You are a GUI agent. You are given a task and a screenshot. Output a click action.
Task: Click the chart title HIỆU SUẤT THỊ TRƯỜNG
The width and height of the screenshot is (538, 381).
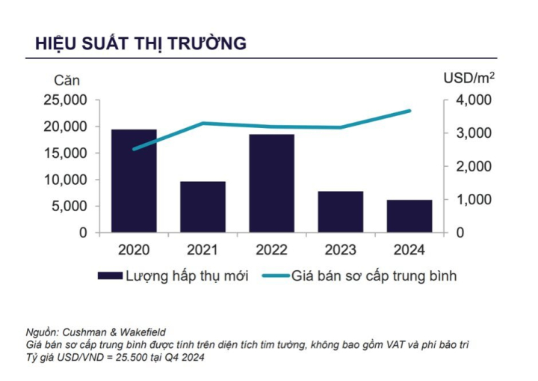click(140, 43)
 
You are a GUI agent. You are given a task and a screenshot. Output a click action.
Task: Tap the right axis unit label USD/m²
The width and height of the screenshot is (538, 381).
click(469, 78)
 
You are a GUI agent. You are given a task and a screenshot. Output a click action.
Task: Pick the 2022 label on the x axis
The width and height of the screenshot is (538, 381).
click(271, 249)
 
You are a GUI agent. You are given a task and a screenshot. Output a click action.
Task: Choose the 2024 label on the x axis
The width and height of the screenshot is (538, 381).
click(409, 249)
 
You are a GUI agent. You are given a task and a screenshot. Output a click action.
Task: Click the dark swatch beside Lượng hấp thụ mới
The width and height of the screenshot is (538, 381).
click(111, 276)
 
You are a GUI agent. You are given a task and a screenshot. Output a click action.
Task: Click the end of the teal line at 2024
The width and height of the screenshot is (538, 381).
click(409, 111)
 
